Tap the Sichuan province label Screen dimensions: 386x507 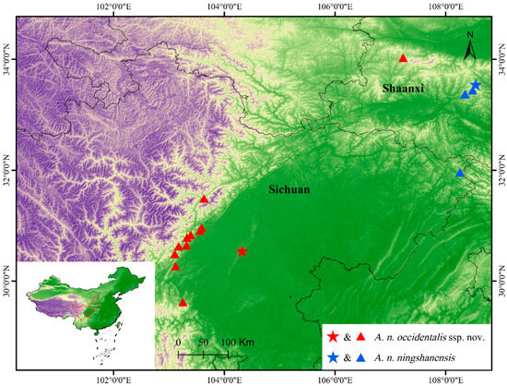(289, 190)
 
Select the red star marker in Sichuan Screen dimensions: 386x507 (242, 251)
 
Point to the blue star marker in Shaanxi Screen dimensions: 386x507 (476, 86)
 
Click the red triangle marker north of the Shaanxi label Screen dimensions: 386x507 (403, 58)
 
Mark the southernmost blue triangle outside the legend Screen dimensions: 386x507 (459, 173)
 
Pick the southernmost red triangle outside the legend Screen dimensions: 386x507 (183, 302)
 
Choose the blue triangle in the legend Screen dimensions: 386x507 (363, 357)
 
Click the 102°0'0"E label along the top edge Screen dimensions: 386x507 (112, 7)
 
